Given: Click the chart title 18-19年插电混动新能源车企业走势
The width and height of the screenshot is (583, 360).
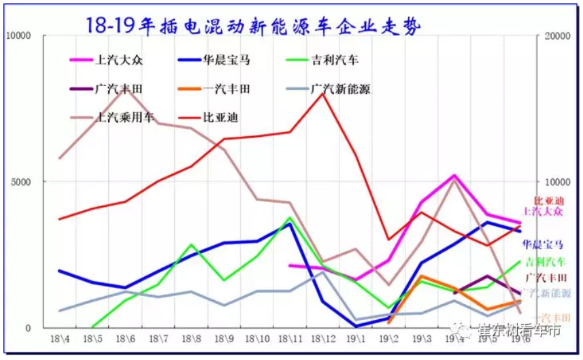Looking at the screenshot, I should point(252,25).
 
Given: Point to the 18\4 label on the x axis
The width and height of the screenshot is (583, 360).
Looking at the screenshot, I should point(60,338).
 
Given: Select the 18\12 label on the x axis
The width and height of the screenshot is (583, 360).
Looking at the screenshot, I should point(323,338).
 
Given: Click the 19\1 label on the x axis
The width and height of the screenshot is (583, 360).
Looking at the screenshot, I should point(356,338).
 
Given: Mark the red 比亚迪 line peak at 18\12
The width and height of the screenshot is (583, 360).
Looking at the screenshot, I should point(323,93).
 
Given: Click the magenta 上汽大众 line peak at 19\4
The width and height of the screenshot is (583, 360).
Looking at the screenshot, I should point(454,176).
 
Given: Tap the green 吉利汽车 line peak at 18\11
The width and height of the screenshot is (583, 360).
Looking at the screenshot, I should point(290,218).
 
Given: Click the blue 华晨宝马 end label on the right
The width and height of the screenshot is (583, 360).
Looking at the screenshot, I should point(542,244).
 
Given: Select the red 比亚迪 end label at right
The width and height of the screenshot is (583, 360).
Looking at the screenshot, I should point(548,201).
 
